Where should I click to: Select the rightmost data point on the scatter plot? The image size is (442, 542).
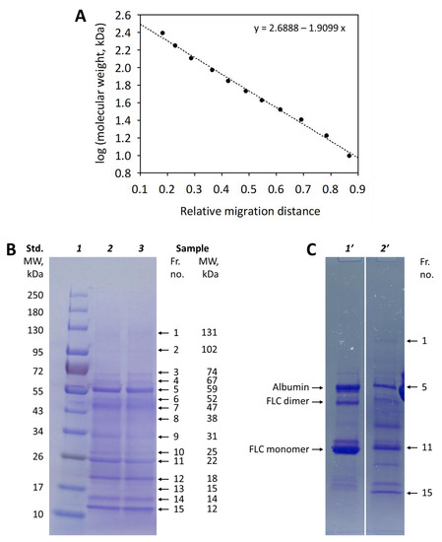tap(349, 155)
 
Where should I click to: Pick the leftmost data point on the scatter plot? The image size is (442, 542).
tap(162, 33)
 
